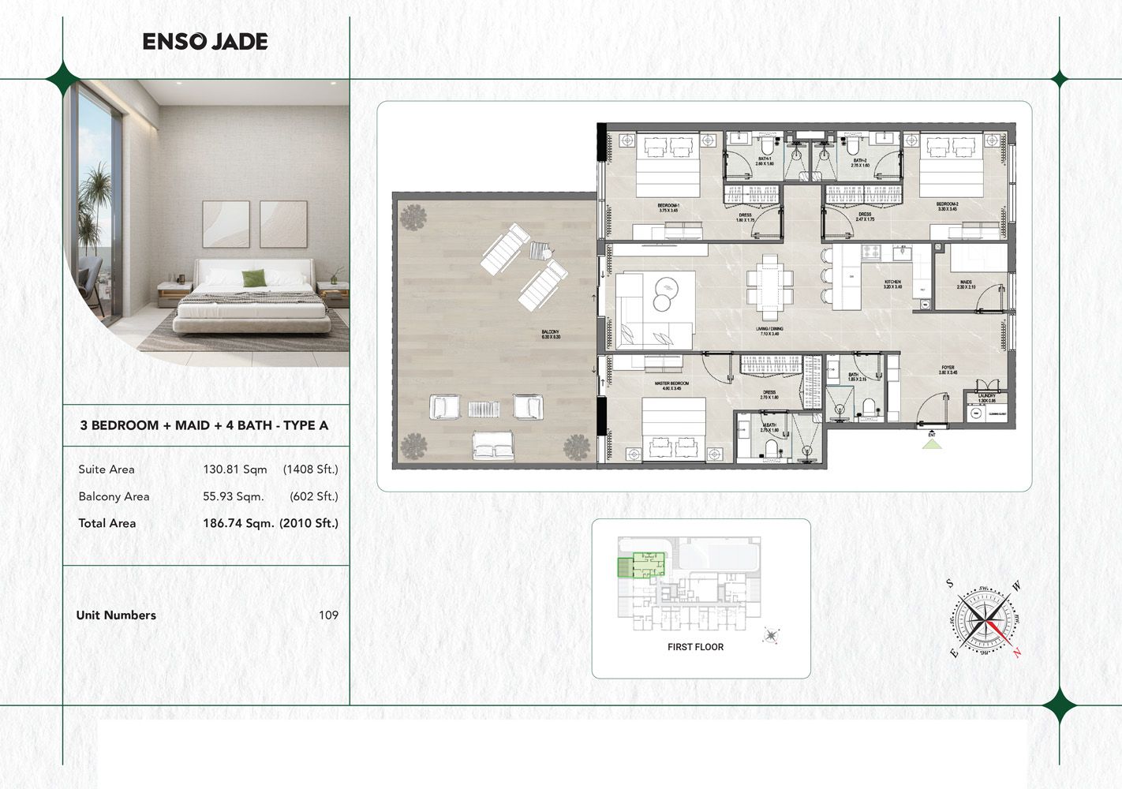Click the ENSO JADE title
click(205, 42)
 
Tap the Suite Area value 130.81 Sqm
click(234, 469)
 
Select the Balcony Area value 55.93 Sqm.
click(233, 496)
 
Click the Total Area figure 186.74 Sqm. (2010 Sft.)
click(270, 523)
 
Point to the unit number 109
click(328, 615)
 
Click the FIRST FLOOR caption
click(695, 647)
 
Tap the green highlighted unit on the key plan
click(641, 565)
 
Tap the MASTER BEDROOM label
click(671, 385)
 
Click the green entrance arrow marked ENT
click(932, 443)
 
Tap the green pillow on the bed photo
click(253, 279)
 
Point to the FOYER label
click(948, 369)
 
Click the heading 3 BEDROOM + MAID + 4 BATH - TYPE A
click(204, 425)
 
